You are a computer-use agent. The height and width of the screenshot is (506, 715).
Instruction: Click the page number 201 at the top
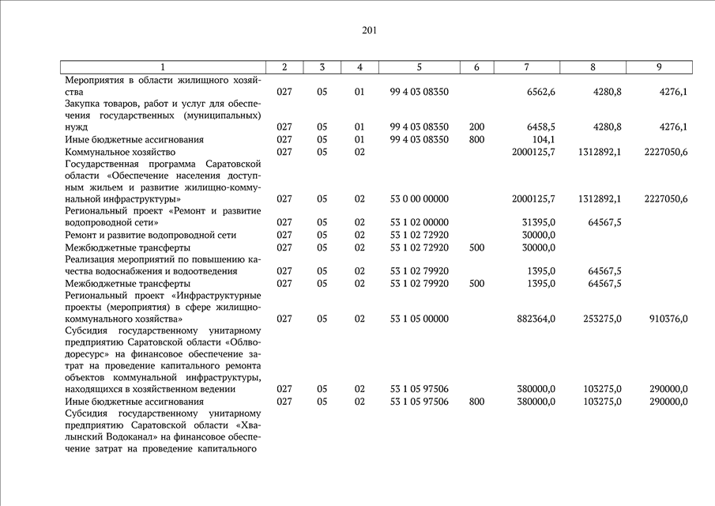369,31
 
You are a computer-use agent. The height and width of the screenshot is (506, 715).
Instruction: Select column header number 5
419,67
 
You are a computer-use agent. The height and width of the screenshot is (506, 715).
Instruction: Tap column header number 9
659,67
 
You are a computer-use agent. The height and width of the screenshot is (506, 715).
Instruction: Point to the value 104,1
544,139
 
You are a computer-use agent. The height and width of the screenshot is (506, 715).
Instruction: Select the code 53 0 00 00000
419,198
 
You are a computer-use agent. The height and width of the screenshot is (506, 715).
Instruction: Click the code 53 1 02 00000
419,222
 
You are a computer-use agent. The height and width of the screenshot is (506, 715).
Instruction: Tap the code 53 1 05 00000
419,319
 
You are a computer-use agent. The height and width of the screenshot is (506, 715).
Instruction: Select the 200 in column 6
476,126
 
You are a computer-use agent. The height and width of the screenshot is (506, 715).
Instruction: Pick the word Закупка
85,104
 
